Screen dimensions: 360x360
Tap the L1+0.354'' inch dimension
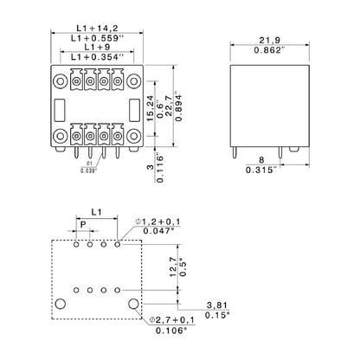[x=98, y=57]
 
